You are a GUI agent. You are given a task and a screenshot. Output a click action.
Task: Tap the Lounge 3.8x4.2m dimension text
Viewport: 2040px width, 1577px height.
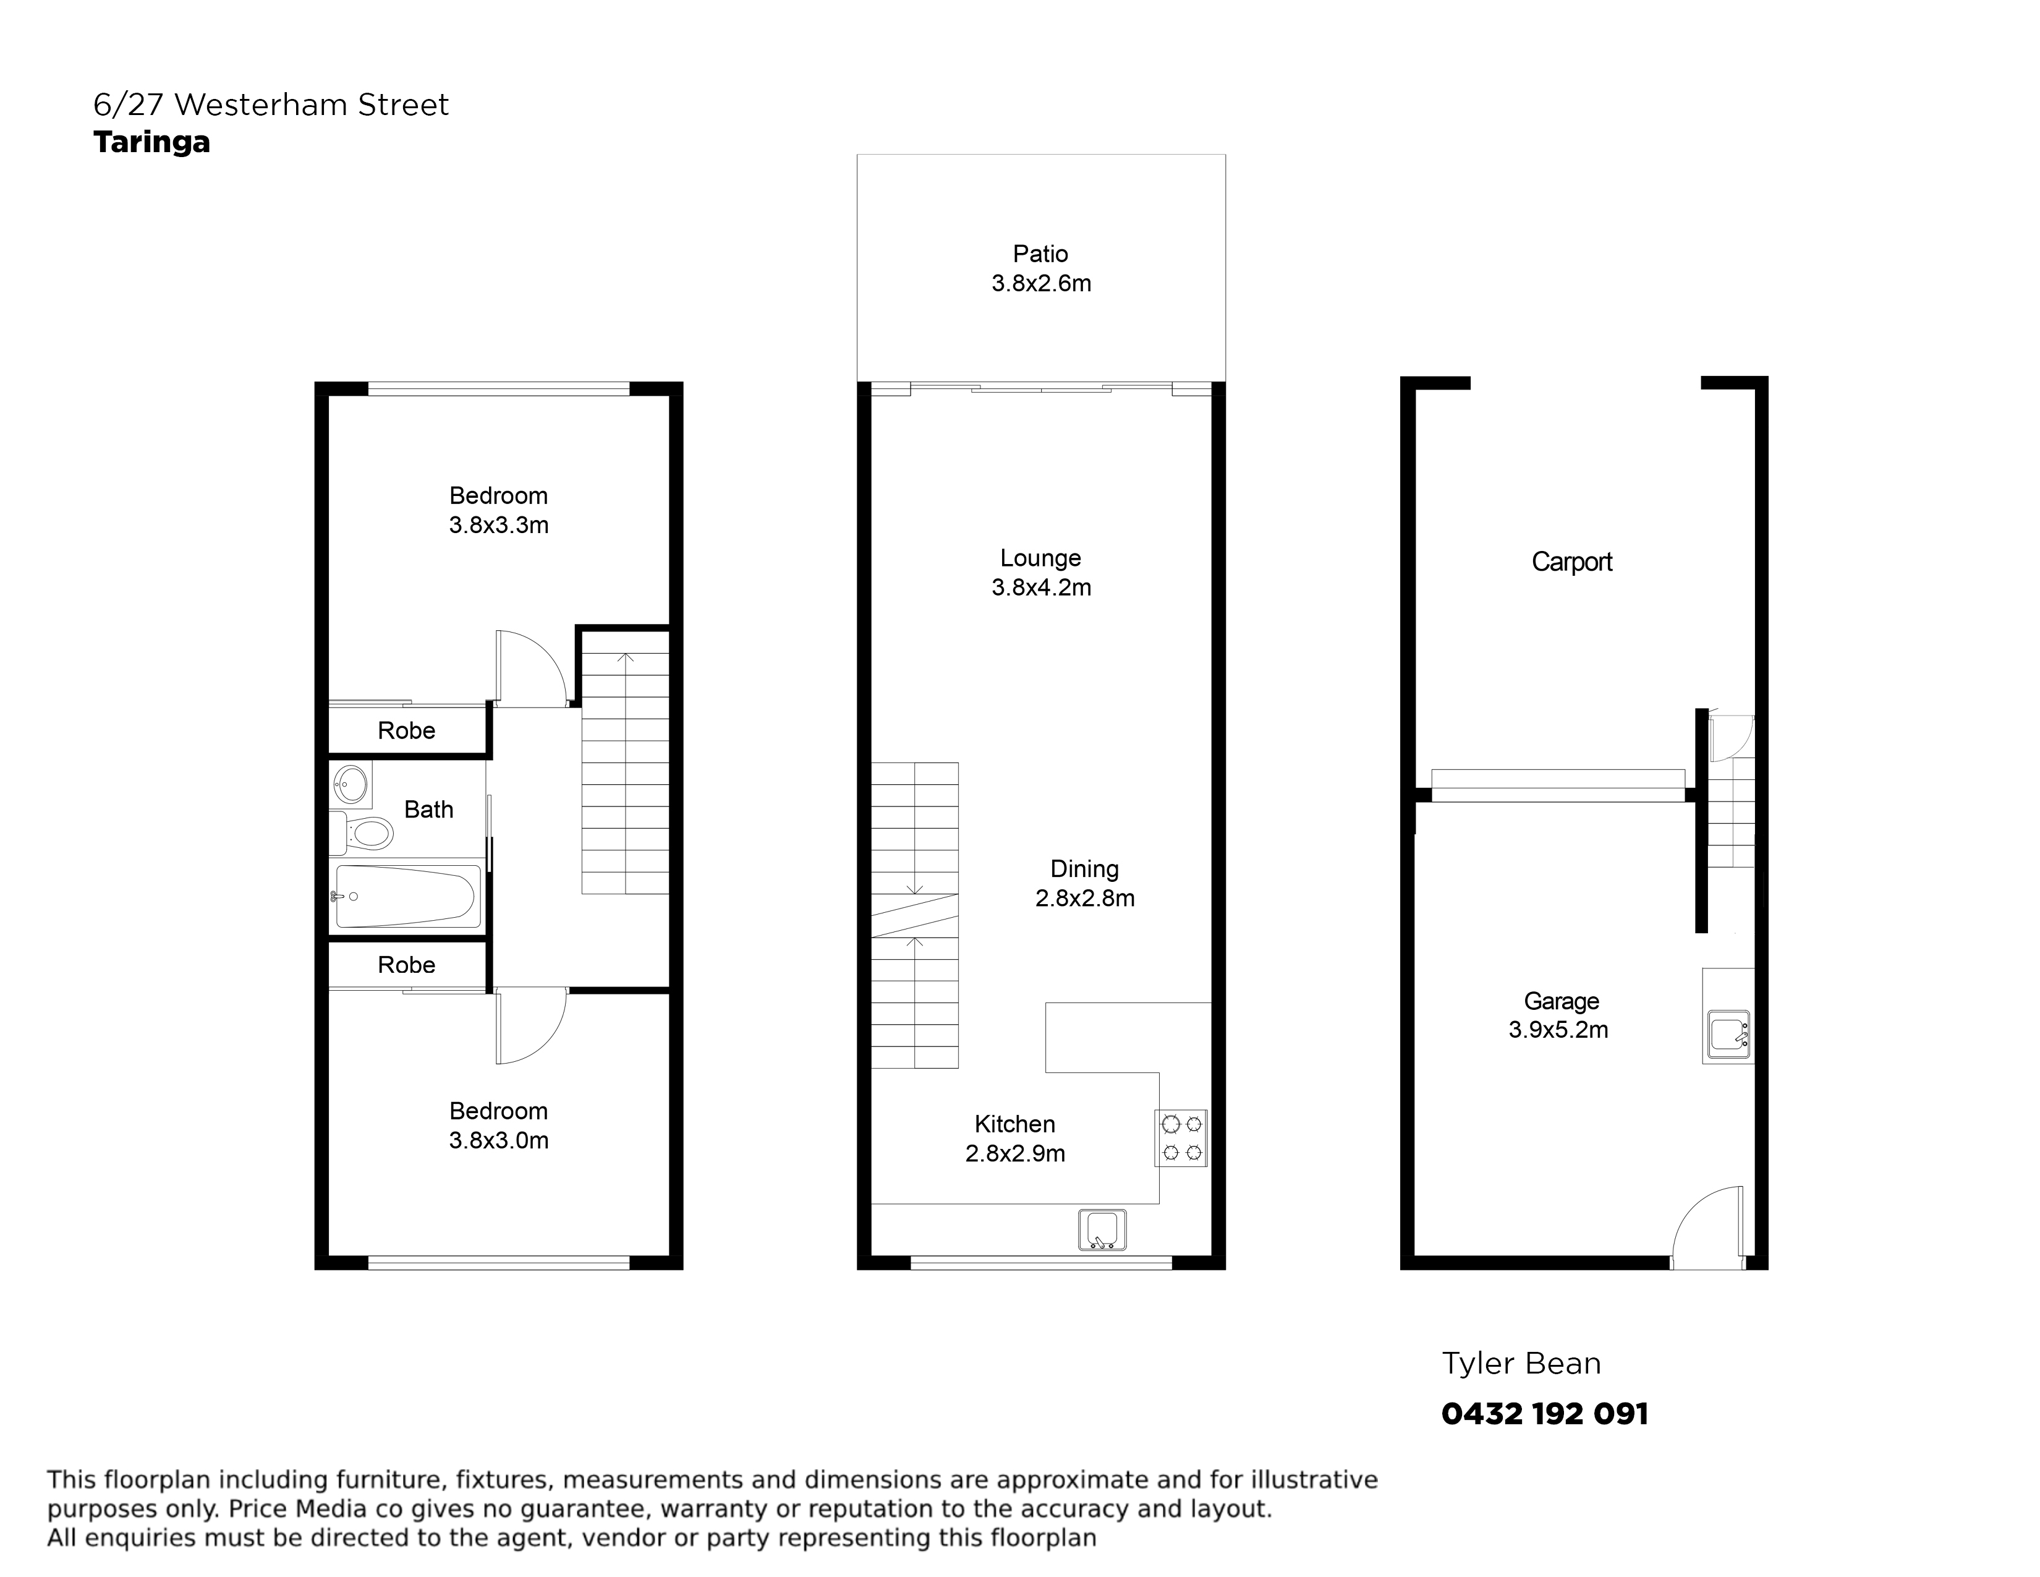tap(1040, 588)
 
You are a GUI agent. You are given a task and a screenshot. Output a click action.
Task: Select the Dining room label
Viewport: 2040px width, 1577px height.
tap(1084, 869)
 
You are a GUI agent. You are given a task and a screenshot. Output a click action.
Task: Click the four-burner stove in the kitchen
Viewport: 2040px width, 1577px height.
tap(1181, 1138)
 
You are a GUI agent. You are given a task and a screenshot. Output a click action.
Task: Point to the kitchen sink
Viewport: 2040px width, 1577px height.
tap(1102, 1229)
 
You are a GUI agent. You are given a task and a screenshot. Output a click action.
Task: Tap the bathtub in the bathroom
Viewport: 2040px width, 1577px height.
tap(406, 897)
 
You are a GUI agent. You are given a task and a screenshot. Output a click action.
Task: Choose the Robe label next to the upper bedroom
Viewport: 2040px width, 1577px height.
tap(406, 730)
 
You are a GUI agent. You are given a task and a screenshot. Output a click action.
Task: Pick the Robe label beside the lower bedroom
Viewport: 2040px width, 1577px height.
tap(406, 965)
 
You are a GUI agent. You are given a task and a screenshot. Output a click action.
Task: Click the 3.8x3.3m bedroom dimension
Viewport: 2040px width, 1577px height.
tap(499, 525)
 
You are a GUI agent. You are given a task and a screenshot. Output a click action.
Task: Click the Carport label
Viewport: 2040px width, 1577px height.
tap(1572, 562)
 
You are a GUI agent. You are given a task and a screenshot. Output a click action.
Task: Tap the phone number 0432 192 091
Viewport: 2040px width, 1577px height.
tap(1545, 1414)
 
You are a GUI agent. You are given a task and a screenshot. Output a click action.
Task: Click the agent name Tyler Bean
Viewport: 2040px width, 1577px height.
tap(1521, 1364)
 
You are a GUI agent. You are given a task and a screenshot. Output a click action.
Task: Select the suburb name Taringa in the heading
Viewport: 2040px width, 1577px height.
tap(151, 143)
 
